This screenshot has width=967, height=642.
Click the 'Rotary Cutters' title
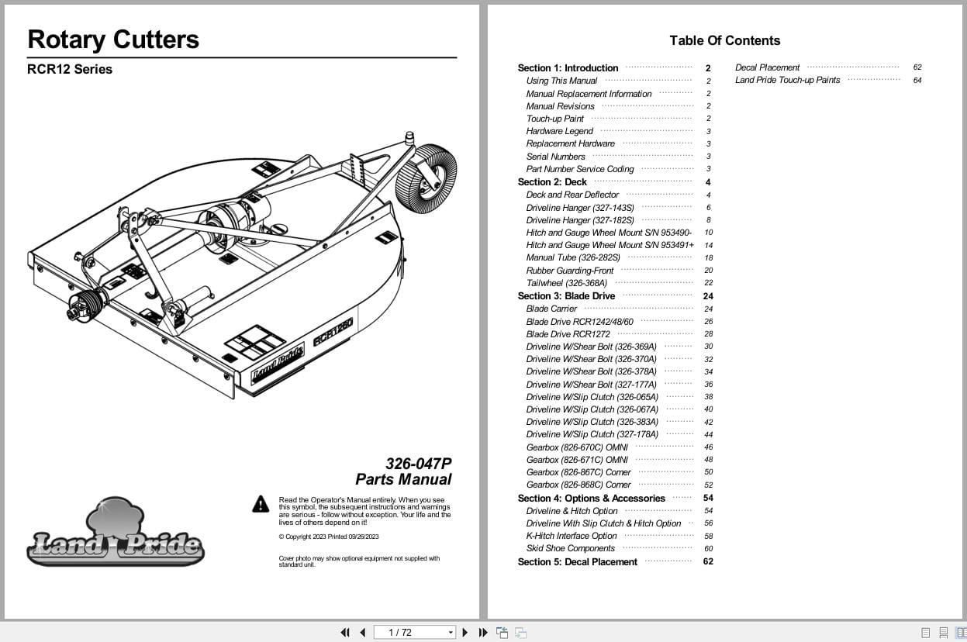(x=113, y=40)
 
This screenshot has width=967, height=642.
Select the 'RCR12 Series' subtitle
(x=70, y=69)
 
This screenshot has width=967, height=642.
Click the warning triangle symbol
(x=261, y=504)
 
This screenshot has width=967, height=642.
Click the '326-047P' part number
(x=418, y=464)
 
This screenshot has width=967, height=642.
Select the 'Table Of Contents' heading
(x=724, y=40)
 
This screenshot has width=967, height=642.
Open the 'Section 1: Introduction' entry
(x=568, y=68)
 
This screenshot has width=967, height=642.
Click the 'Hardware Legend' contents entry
(x=559, y=131)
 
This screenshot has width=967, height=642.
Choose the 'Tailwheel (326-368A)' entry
(x=566, y=283)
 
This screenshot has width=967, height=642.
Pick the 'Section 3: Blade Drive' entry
(x=566, y=296)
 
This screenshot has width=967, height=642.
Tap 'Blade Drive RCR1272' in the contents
(x=568, y=334)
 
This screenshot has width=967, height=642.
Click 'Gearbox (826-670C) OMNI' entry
(x=576, y=447)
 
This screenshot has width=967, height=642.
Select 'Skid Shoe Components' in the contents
(x=570, y=548)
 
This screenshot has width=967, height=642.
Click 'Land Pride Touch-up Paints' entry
(x=787, y=80)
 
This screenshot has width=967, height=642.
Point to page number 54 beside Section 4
(x=708, y=499)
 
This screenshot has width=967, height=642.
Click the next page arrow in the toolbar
(x=465, y=633)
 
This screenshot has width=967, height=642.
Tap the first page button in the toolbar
(x=345, y=633)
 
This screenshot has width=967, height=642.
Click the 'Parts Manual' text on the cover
(x=403, y=480)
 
